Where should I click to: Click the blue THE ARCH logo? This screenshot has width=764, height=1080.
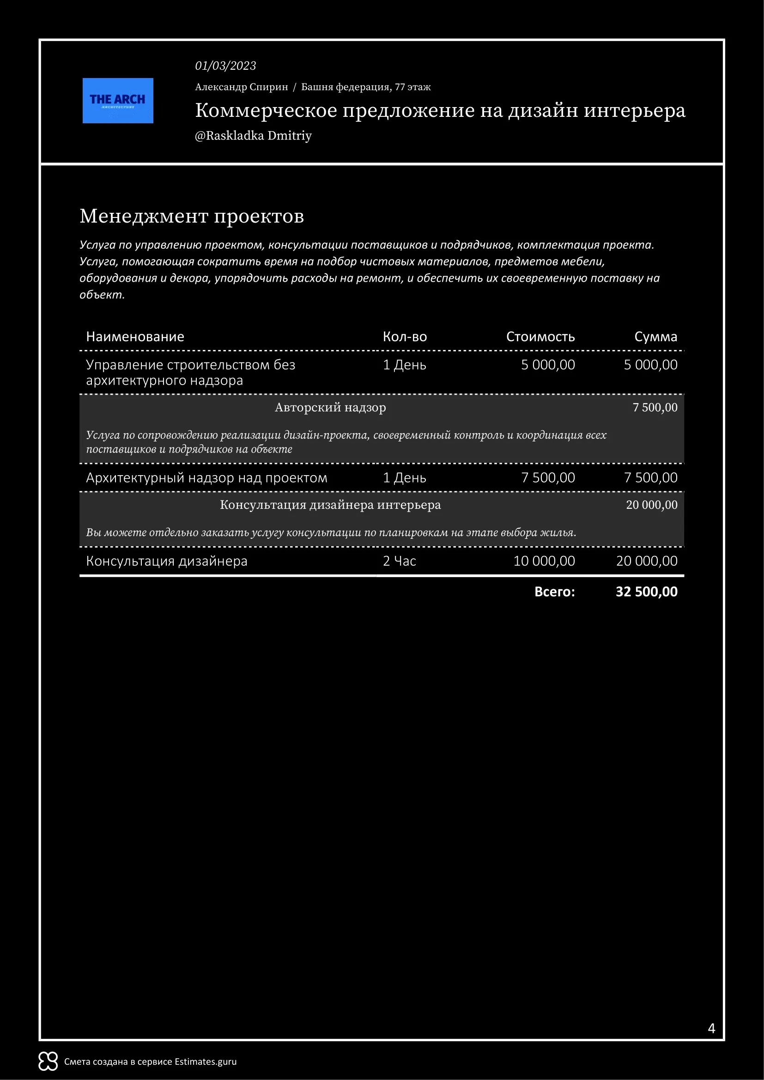pos(118,101)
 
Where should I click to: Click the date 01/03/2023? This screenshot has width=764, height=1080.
pos(225,66)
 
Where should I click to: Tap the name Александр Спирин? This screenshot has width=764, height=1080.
pos(241,87)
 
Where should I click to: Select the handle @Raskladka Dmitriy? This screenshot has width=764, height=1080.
pos(253,136)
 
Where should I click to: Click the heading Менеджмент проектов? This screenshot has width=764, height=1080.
pos(192,217)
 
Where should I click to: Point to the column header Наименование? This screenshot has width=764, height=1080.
pos(135,337)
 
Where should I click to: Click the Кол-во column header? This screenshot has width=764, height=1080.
pos(405,337)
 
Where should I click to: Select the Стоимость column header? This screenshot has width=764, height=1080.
pos(540,337)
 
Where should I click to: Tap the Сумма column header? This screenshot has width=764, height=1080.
pos(655,337)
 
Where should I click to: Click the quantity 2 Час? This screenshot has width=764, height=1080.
pos(400,561)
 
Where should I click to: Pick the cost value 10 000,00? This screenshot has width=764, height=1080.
pos(544,561)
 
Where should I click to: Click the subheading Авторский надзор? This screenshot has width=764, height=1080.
pos(330,407)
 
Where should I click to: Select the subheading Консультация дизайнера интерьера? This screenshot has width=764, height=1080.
pos(330,505)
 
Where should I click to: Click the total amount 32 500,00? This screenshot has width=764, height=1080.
pos(646,592)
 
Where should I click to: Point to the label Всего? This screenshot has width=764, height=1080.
pos(554,592)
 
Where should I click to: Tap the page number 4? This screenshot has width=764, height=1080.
pos(711,1028)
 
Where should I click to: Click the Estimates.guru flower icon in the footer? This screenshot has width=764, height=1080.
pos(48,1062)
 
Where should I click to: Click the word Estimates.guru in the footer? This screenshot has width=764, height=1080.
pos(206,1062)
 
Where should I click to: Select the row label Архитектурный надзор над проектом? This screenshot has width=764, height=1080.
pos(206,478)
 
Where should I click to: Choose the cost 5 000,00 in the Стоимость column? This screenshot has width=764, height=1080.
pos(548,365)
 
